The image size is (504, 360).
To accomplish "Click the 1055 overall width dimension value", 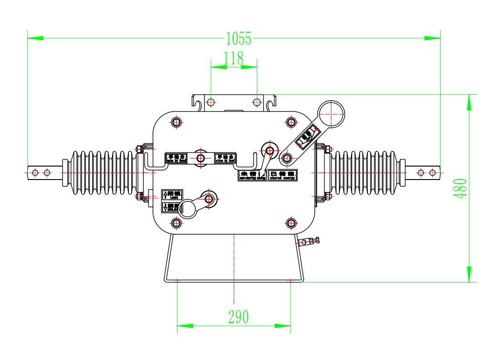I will point(239,39).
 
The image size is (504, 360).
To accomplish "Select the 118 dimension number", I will point(234,58).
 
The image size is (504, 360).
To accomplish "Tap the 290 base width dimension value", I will point(239,317).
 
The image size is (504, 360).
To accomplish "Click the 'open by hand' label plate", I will point(176,158).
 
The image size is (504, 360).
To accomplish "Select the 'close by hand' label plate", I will point(226,158).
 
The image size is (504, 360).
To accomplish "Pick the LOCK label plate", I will point(172,195).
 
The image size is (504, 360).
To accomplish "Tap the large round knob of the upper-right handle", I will point(331,114).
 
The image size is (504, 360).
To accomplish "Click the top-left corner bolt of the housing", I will point(177,122).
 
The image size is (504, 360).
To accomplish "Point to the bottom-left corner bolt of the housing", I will point(177,223).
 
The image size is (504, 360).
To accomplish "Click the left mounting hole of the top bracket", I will point(211,102).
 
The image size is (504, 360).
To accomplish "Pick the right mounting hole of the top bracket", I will point(257,102).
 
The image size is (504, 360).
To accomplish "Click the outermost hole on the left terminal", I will point(35,173).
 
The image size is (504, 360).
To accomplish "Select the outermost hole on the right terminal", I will point(433,173).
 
